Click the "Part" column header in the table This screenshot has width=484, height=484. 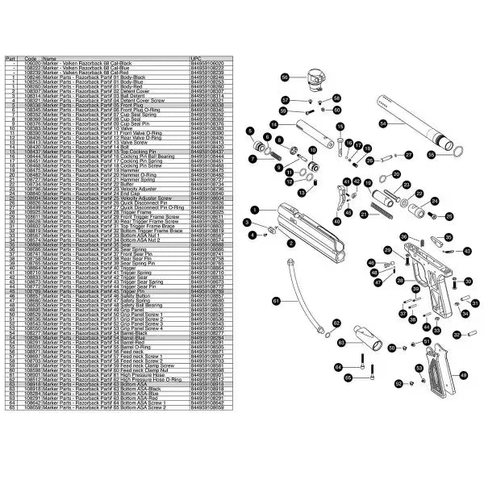point(10,59)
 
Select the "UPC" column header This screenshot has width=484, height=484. point(194,59)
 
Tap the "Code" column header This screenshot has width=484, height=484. point(31,59)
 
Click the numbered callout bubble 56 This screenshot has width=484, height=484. point(285,77)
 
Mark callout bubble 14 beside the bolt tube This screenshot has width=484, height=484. point(274,124)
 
